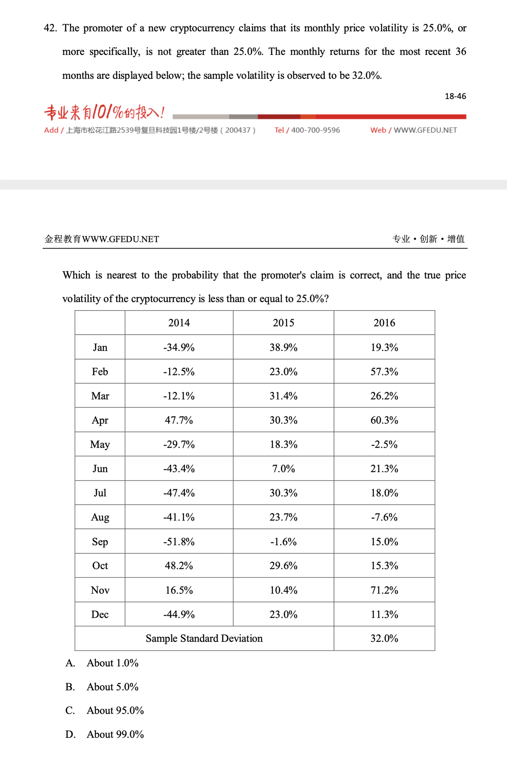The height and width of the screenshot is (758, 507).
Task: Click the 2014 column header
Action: coord(179,323)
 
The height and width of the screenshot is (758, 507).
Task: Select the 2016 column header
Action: coord(384,323)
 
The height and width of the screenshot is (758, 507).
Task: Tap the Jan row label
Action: coord(100,347)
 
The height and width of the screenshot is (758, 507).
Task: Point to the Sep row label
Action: coord(100,542)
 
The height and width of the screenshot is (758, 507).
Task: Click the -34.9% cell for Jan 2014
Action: coord(179,347)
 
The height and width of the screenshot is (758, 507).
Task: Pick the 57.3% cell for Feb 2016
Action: coord(384,372)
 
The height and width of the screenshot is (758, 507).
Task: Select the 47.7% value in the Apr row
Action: coord(179,420)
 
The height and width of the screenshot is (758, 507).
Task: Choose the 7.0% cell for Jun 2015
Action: coord(283,469)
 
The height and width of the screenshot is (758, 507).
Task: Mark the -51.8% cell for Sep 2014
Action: coord(179,542)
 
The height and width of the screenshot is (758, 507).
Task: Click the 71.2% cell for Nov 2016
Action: coord(384,590)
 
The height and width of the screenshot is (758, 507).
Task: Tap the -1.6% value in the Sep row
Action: coord(283,542)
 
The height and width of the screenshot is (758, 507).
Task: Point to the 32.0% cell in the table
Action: coord(384,639)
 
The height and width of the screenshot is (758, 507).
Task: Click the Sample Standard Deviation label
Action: coord(204,639)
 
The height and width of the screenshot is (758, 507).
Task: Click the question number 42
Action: coord(50,28)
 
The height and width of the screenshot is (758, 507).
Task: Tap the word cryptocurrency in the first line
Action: coord(202,28)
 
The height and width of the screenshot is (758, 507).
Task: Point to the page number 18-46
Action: coord(455,96)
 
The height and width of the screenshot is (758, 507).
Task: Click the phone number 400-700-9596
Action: coord(315,130)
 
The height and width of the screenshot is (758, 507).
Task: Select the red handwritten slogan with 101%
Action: coord(104,112)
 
